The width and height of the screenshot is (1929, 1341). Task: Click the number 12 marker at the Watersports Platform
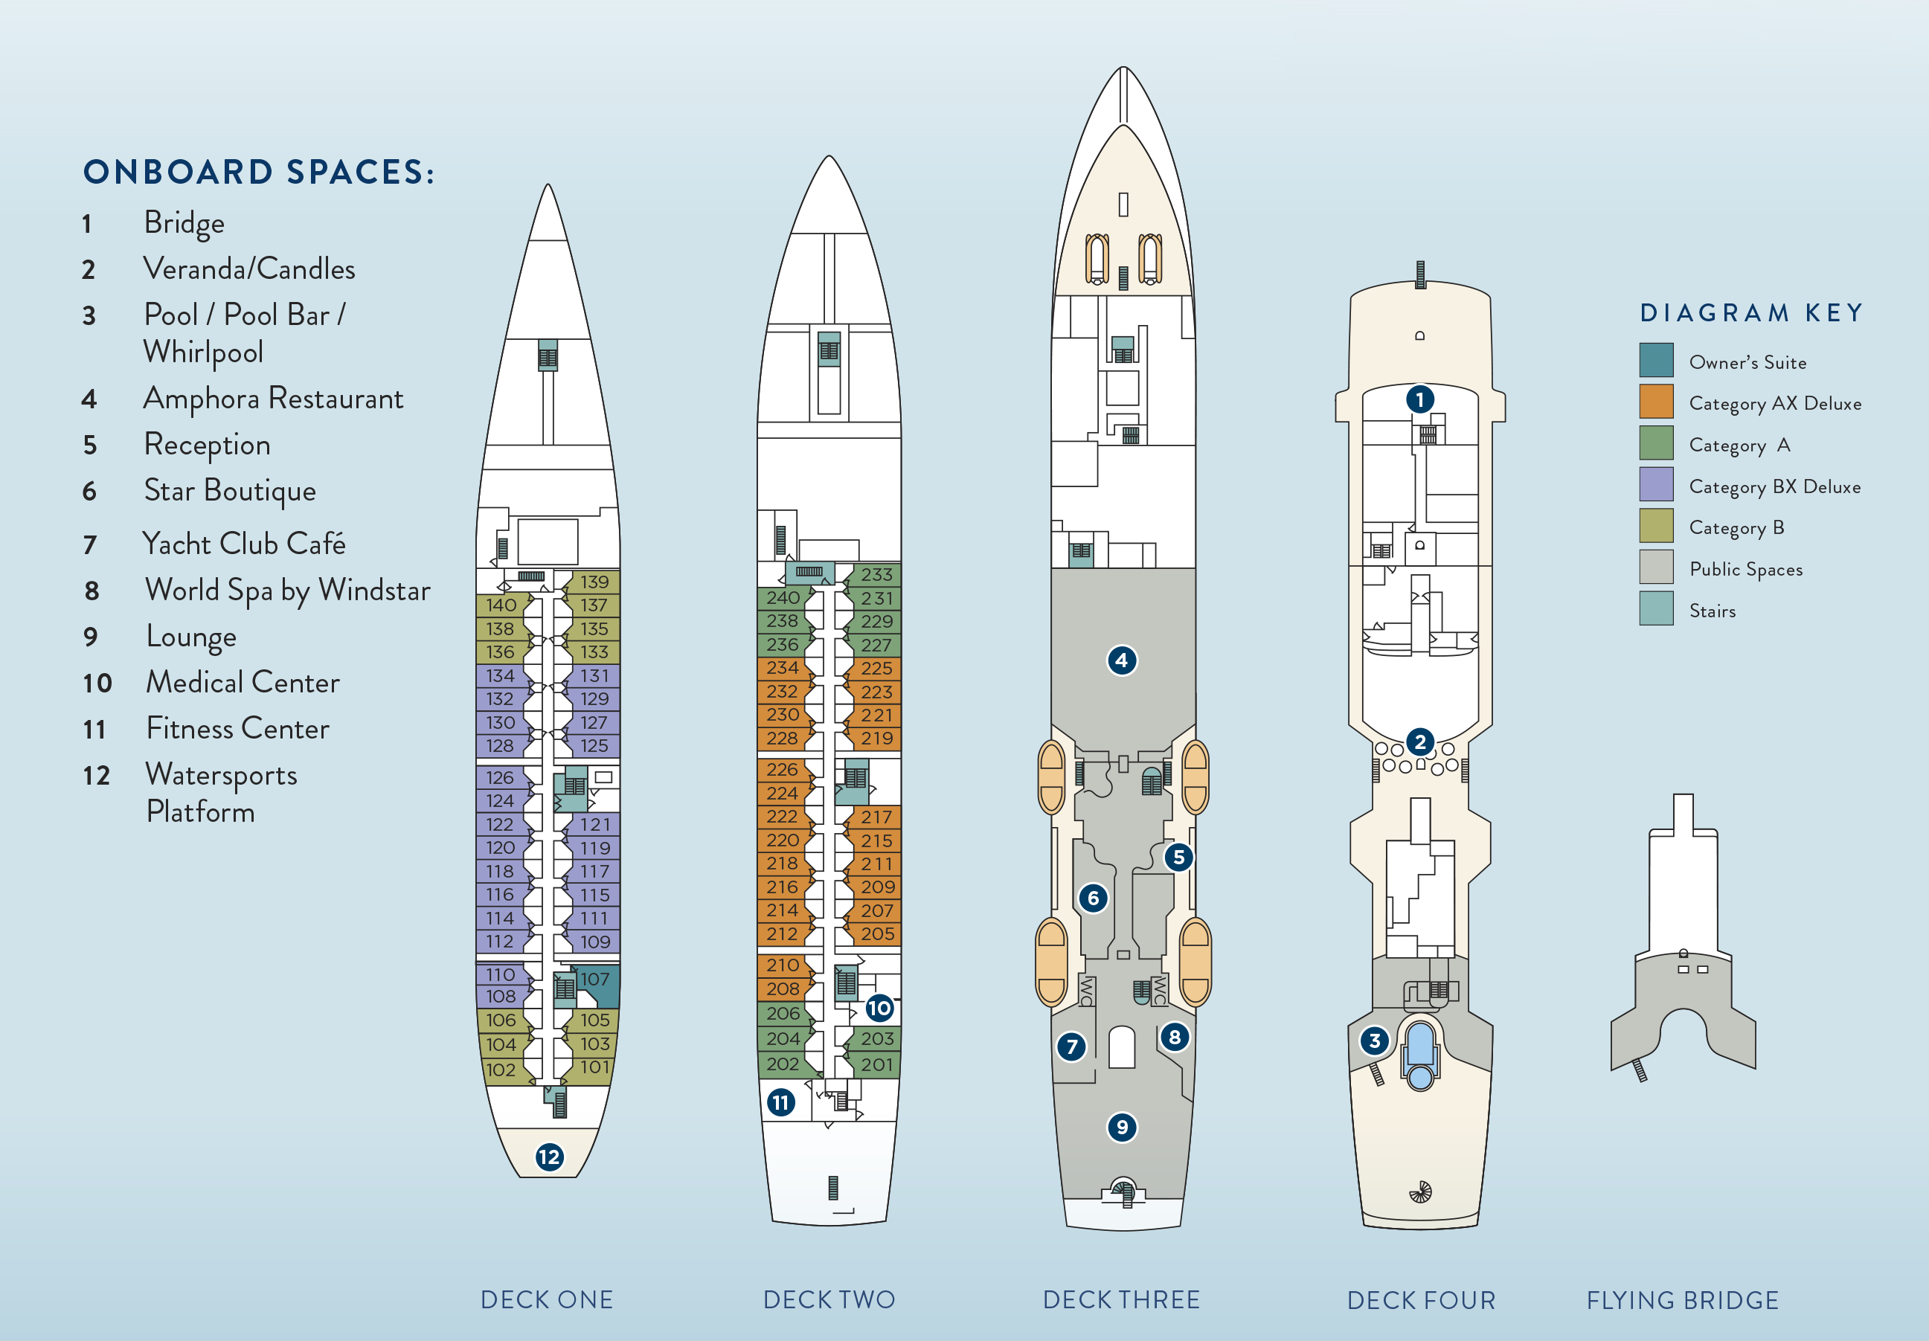(548, 1157)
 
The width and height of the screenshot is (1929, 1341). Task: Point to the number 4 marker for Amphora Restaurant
(1122, 660)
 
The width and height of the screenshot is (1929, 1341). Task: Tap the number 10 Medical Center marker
(879, 1008)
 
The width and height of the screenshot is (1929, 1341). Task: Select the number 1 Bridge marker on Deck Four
(1420, 399)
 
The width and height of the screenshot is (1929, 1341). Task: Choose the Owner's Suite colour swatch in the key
(1656, 361)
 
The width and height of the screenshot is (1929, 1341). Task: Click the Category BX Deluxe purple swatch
(1656, 485)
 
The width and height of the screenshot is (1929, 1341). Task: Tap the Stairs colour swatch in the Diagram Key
(1656, 609)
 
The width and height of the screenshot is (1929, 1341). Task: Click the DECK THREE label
(1121, 1300)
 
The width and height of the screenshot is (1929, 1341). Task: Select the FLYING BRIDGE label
(1682, 1301)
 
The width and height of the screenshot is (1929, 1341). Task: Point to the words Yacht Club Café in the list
(244, 544)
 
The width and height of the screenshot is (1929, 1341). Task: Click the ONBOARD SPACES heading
(259, 173)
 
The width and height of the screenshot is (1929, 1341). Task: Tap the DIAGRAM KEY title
(1752, 313)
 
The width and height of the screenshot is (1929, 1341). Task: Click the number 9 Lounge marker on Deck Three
(1122, 1128)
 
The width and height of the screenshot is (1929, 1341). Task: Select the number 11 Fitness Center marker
(780, 1102)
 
